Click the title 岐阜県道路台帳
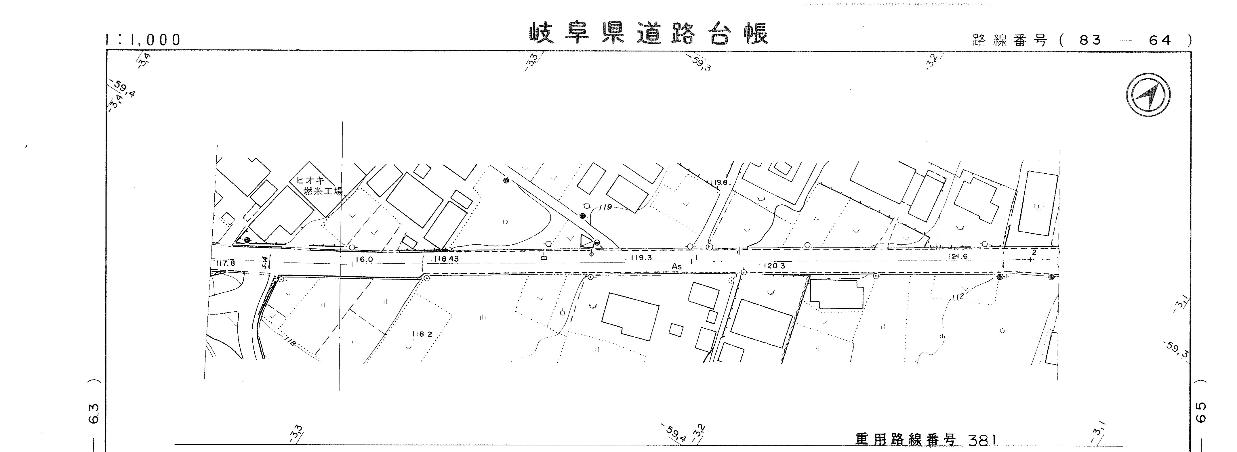[648, 34]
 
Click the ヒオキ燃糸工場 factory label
[318, 186]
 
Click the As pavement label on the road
[676, 266]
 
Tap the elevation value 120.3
[773, 265]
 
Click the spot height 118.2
[422, 334]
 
